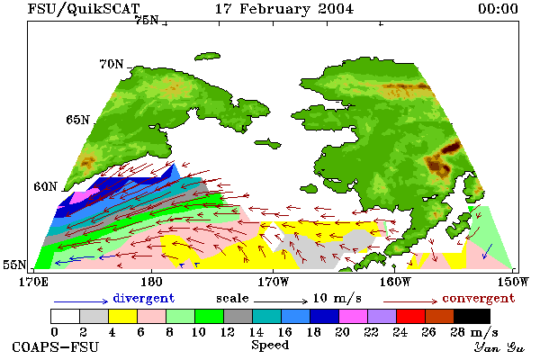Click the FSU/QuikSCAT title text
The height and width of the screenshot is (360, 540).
(x=84, y=9)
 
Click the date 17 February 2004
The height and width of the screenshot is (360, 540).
(x=284, y=9)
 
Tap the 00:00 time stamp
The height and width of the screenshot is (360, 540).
(x=498, y=9)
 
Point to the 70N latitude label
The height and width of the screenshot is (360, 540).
(x=112, y=64)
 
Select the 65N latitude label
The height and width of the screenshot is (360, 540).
(x=77, y=120)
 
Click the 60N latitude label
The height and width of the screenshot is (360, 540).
(x=45, y=186)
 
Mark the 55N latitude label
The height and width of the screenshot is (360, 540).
(x=14, y=265)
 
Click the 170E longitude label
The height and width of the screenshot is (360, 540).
(x=33, y=282)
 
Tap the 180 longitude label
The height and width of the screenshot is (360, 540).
(x=151, y=282)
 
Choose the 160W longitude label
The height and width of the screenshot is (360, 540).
(x=395, y=282)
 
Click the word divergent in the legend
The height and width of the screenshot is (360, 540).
(x=144, y=298)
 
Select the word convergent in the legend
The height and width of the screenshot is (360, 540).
(x=479, y=298)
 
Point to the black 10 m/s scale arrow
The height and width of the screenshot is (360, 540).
(x=281, y=301)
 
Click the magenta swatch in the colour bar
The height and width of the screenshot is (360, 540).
(x=354, y=316)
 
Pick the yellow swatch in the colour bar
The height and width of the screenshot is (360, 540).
(x=123, y=316)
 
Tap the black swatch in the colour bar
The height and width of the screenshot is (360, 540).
(x=472, y=316)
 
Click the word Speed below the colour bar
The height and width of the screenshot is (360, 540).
(x=270, y=345)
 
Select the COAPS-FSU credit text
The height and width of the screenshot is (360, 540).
(x=55, y=346)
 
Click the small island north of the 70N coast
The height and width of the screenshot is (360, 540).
(x=207, y=57)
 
